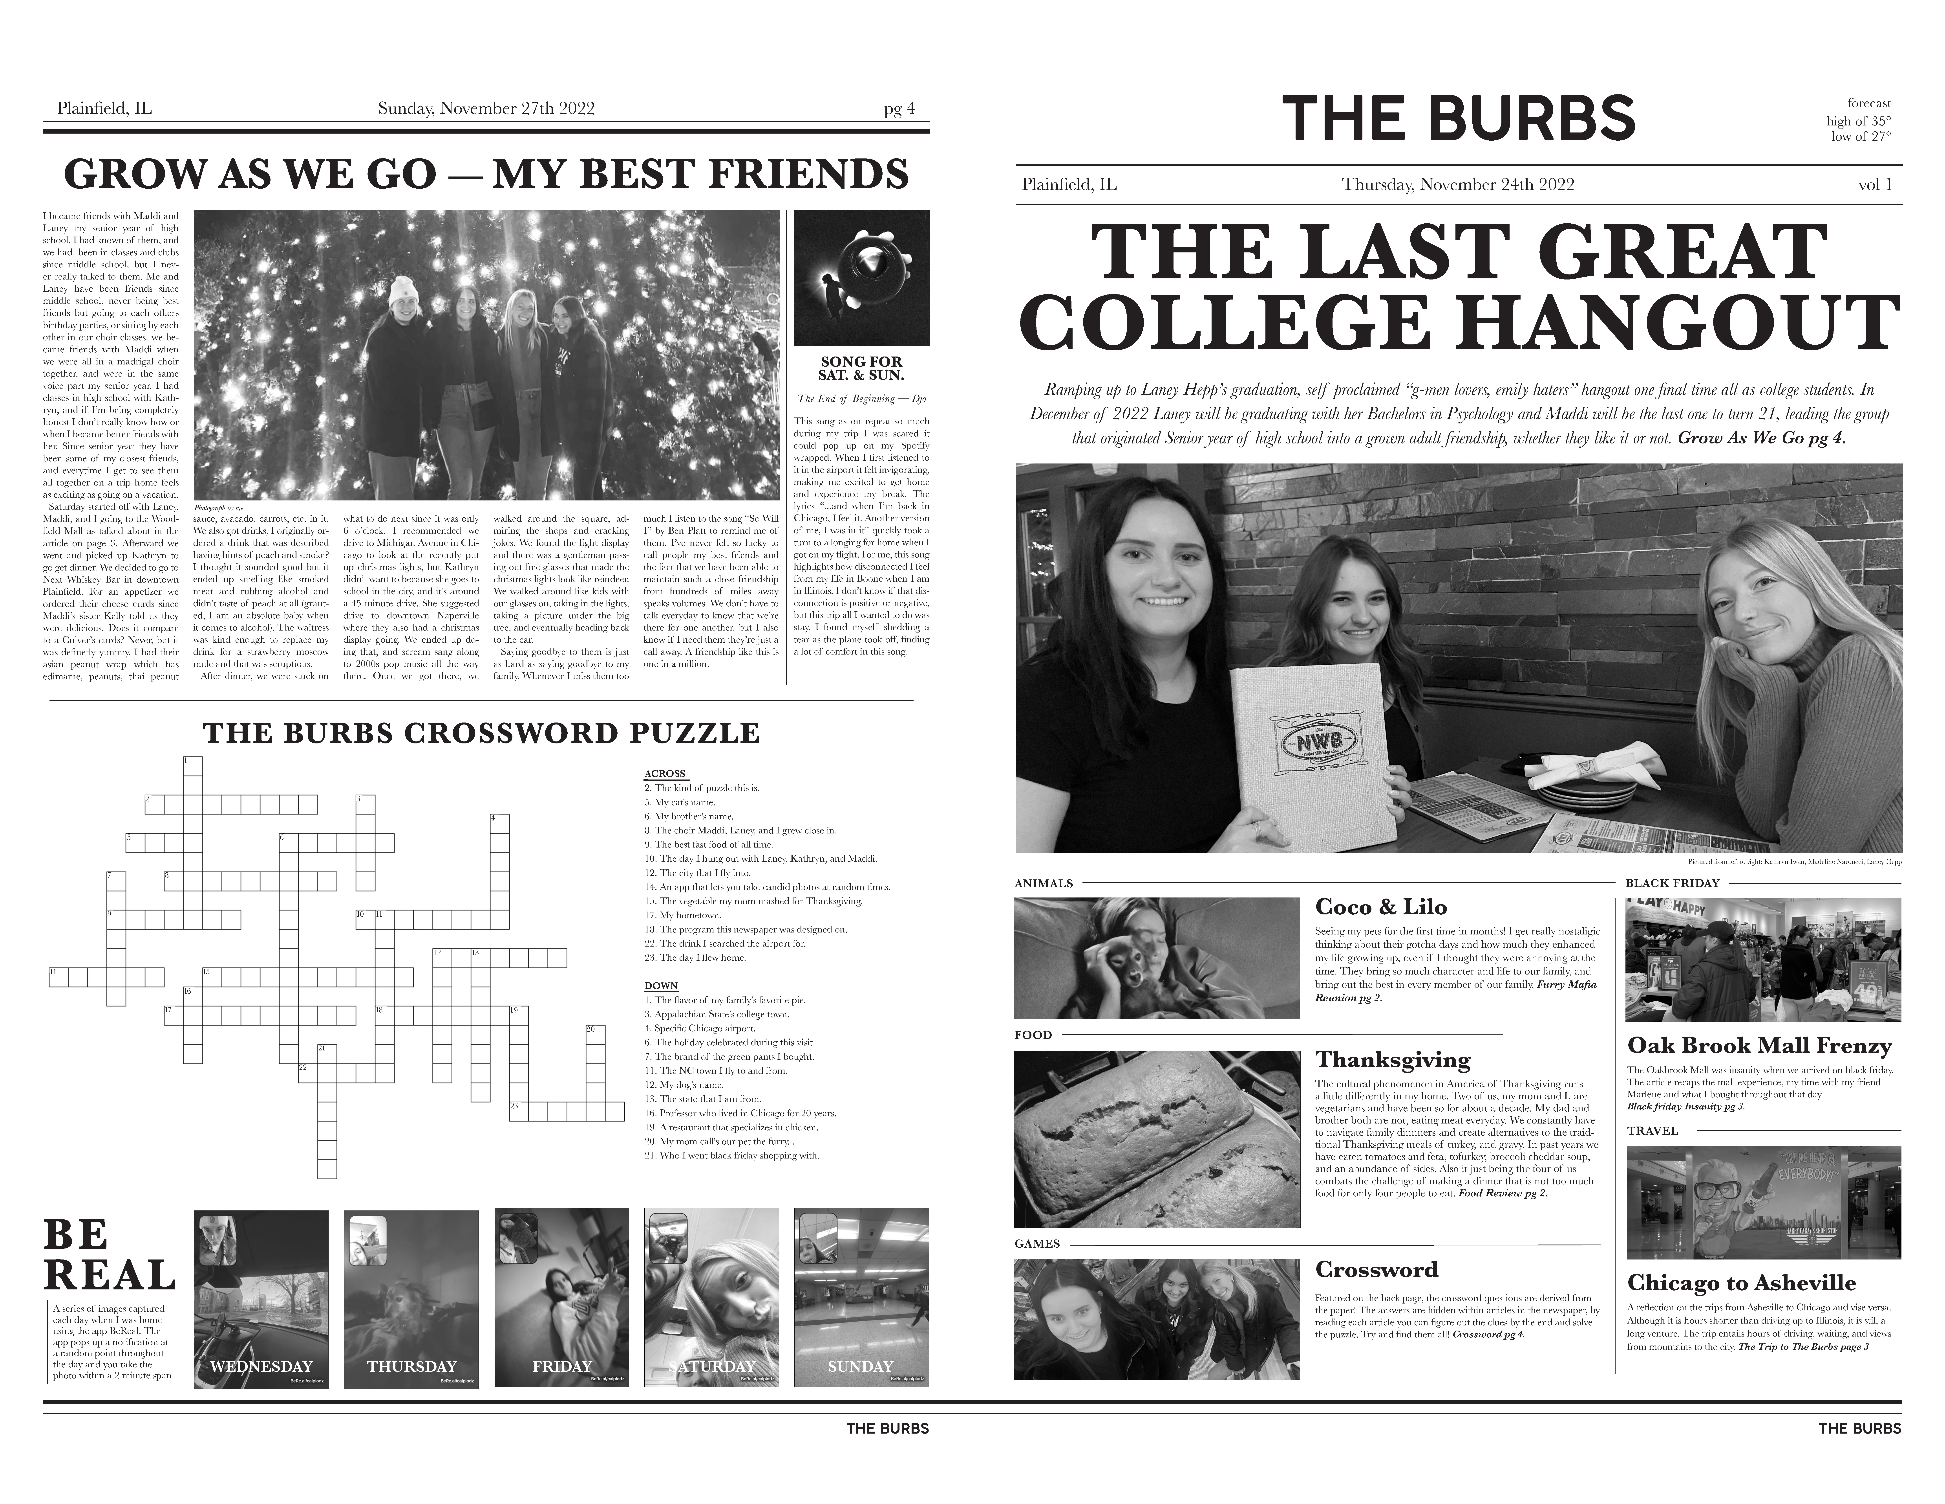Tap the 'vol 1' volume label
[x=1875, y=184]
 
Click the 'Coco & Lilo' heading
[x=1380, y=907]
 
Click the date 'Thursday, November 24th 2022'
[x=1458, y=184]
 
